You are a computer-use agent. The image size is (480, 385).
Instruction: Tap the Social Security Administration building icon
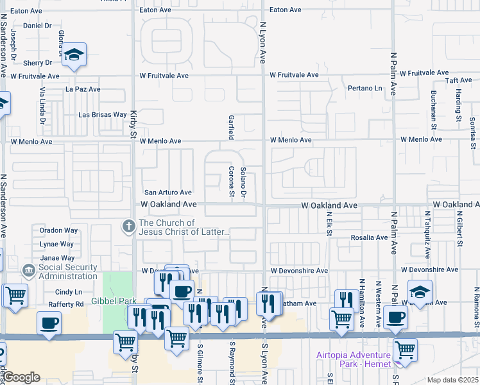pyautogui.click(x=28, y=271)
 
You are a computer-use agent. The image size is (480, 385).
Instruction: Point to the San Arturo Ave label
pyautogui.click(x=167, y=193)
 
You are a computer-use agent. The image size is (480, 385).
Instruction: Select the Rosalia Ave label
pyautogui.click(x=369, y=237)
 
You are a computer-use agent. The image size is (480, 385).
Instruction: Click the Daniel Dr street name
pyautogui.click(x=37, y=26)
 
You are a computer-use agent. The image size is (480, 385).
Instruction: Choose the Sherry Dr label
pyautogui.click(x=37, y=63)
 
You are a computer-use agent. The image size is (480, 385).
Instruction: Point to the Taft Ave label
pyautogui.click(x=459, y=81)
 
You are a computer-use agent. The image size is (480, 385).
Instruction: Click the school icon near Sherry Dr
pyautogui.click(x=74, y=55)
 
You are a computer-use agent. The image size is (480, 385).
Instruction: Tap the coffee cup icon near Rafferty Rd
pyautogui.click(x=49, y=323)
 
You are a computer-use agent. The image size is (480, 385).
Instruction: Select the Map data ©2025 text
pyautogui.click(x=452, y=380)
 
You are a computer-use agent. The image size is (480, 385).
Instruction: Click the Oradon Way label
pyautogui.click(x=58, y=230)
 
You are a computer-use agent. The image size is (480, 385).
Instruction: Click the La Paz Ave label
pyautogui.click(x=83, y=89)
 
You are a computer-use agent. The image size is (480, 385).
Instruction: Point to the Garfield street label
pyautogui.click(x=230, y=127)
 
